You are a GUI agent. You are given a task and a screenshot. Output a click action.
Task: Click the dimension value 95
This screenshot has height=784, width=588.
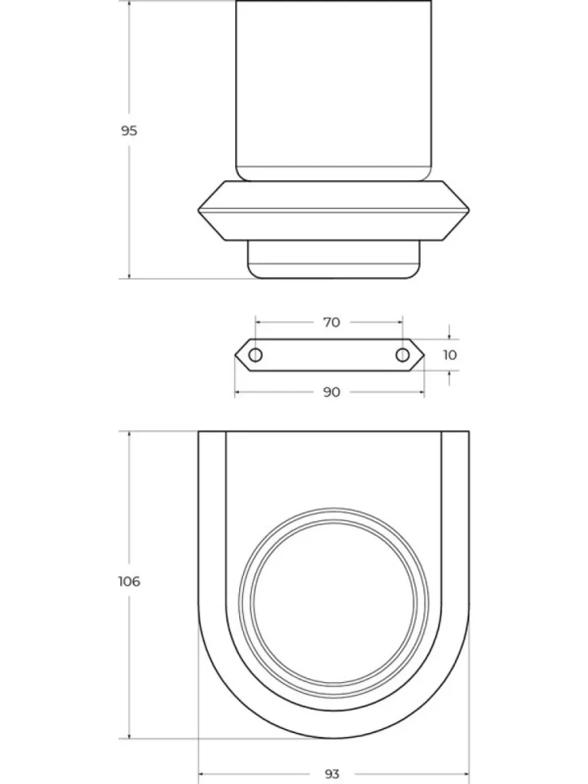click(x=129, y=131)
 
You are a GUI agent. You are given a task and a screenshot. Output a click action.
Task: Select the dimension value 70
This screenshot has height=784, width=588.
click(x=332, y=322)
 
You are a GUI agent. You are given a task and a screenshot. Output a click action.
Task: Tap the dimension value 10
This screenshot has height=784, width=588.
click(x=450, y=355)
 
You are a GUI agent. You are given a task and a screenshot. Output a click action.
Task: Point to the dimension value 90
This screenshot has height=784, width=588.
click(x=332, y=392)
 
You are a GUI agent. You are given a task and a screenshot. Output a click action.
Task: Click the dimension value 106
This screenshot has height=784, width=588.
click(x=129, y=581)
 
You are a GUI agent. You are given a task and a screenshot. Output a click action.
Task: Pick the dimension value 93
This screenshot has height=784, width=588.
click(x=332, y=774)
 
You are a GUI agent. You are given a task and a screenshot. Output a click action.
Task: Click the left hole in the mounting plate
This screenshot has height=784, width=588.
click(x=255, y=355)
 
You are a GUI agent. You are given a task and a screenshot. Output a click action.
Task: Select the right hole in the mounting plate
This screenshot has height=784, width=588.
click(x=402, y=355)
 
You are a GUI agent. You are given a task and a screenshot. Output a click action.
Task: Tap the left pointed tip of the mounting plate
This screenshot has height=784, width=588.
click(x=235, y=355)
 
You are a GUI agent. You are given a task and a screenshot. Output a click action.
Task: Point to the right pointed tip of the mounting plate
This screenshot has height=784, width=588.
click(x=424, y=355)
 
